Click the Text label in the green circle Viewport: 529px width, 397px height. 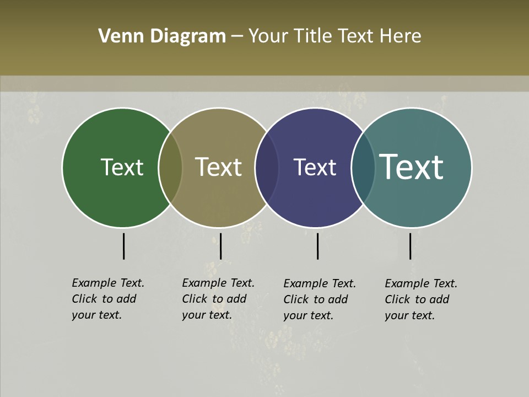pos(122,167)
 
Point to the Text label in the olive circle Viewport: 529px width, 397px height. pos(219,167)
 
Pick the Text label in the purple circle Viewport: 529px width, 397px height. pos(315,167)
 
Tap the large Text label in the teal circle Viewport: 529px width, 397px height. pos(412,167)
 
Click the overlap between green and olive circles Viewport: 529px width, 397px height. pos(170,167)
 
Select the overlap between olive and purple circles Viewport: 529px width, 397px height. pos(267,167)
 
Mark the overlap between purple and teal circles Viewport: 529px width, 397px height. pos(363,167)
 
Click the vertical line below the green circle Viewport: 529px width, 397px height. pos(123,246)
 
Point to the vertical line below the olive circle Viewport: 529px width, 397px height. pos(220,246)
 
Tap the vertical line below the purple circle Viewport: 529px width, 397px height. pos(317,246)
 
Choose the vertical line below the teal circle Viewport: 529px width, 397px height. pos(410,246)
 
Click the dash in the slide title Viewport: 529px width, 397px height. pos(237,37)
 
